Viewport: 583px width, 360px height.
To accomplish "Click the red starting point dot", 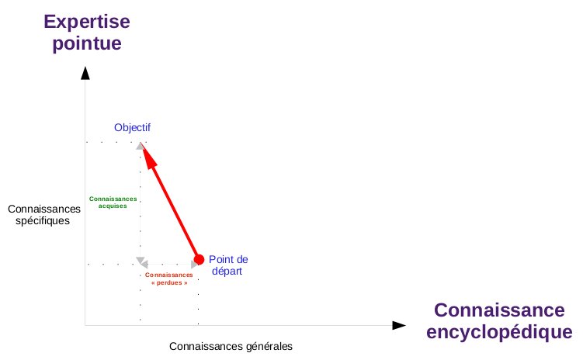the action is click(199, 259).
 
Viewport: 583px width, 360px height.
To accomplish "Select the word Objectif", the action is click(133, 128).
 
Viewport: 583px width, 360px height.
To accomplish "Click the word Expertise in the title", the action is click(87, 22).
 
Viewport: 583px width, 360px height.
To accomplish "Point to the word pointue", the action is click(87, 43).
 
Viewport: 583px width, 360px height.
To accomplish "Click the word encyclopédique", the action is click(499, 332).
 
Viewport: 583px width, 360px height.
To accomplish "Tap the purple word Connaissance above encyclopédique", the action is click(499, 310).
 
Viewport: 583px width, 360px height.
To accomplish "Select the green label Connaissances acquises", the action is click(113, 202).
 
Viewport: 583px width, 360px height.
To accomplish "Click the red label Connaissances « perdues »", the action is click(169, 279).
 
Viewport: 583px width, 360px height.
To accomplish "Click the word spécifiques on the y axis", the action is click(43, 221).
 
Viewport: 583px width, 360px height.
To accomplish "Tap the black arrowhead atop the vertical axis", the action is click(85, 73).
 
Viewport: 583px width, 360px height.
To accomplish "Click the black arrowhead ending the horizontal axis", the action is click(399, 325).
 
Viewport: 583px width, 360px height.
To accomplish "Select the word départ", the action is click(227, 272).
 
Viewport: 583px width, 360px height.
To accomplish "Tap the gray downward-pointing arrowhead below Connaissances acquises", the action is click(141, 260).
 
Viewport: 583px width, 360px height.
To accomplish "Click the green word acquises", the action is click(113, 206).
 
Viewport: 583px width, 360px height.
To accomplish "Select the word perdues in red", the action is click(169, 282).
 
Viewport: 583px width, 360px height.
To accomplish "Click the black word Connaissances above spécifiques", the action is click(44, 209).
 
